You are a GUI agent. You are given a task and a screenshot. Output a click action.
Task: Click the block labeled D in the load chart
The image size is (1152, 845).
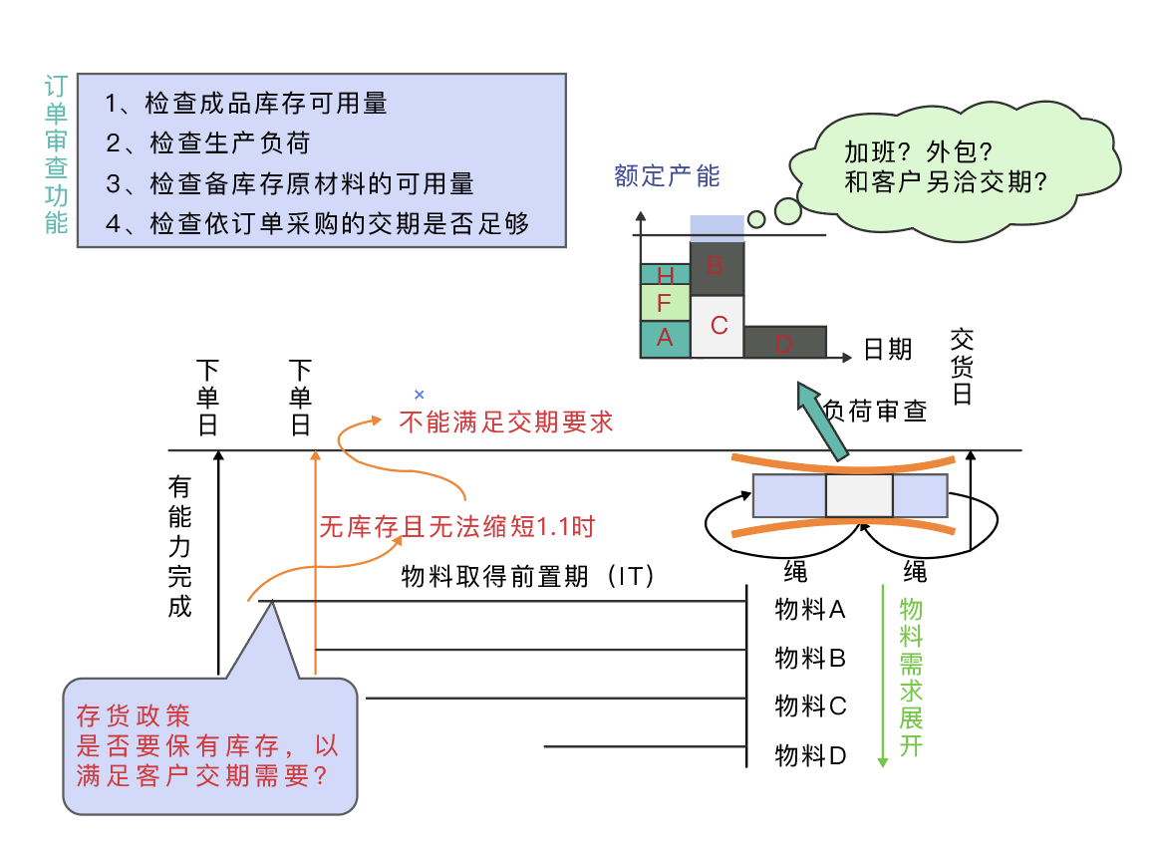(x=784, y=342)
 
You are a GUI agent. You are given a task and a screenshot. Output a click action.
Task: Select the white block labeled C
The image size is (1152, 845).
(x=718, y=326)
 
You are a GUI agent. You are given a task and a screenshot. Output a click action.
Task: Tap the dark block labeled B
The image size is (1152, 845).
(x=717, y=268)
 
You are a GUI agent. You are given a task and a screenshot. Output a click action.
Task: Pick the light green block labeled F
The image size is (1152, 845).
(x=665, y=302)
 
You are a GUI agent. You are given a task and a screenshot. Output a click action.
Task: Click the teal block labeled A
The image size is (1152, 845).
(x=665, y=339)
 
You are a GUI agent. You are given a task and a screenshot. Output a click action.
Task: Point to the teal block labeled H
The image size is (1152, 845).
(x=665, y=274)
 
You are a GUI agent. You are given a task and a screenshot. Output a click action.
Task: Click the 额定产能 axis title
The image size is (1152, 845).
(x=667, y=177)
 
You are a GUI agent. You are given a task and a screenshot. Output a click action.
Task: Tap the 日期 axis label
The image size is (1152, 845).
(x=887, y=349)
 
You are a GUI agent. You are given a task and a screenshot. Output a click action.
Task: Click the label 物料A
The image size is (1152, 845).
(x=810, y=609)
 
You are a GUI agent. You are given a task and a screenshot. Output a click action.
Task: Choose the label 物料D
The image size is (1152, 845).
(x=810, y=756)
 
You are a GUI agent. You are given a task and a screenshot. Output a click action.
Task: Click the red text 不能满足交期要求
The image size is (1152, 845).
(x=505, y=422)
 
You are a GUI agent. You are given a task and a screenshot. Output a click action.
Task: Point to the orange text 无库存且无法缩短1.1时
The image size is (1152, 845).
(x=456, y=526)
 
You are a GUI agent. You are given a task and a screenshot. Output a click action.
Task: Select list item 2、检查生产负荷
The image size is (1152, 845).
(x=208, y=143)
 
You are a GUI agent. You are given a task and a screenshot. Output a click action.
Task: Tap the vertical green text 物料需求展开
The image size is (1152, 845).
(x=911, y=677)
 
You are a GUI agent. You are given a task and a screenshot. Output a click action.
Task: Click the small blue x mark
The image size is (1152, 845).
(x=419, y=396)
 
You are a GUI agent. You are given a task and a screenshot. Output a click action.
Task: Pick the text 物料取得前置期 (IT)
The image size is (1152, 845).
(x=527, y=577)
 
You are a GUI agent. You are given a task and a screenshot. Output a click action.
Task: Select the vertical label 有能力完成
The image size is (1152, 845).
(x=179, y=546)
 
